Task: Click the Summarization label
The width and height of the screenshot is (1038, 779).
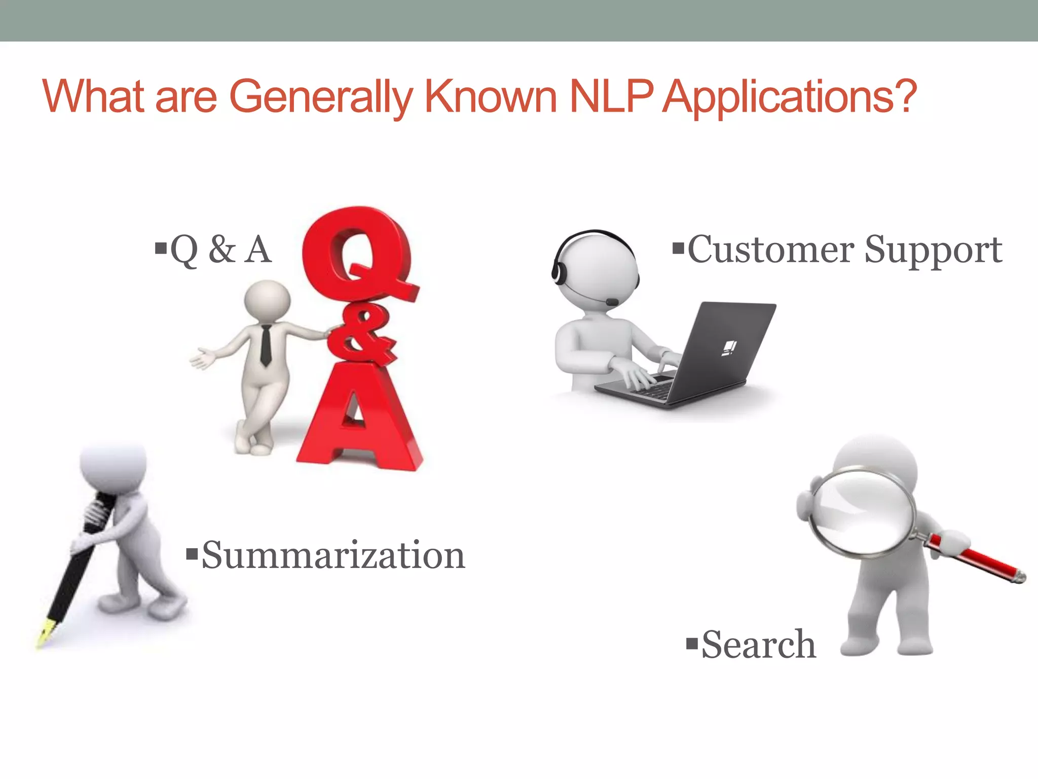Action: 333,555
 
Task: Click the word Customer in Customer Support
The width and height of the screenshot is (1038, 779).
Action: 770,250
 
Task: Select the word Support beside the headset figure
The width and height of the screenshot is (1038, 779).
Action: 933,251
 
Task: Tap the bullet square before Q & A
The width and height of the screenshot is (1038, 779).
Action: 161,248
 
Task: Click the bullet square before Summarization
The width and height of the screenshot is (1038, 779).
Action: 192,553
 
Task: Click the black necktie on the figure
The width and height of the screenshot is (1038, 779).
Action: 266,345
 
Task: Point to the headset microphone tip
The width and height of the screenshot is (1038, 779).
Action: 612,302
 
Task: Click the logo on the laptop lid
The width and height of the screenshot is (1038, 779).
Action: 729,348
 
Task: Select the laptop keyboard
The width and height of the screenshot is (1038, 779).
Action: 654,386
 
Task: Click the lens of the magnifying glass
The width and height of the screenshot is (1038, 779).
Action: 862,512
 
